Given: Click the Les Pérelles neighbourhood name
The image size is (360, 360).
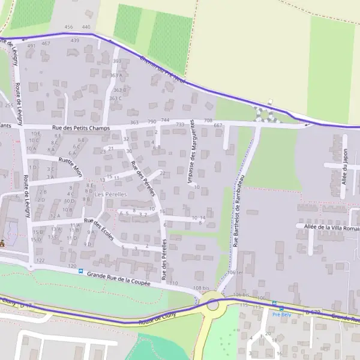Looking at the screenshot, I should pyautogui.click(x=111, y=194).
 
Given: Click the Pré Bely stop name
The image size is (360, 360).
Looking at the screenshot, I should pyautogui.click(x=281, y=314).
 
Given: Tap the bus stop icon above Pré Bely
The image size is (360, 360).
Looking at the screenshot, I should pyautogui.click(x=274, y=304).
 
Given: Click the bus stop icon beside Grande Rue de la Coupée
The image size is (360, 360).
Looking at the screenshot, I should pyautogui.click(x=80, y=271).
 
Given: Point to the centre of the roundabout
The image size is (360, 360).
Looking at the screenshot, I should pyautogui.click(x=212, y=305).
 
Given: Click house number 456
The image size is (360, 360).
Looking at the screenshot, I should pyautogui.click(x=68, y=27).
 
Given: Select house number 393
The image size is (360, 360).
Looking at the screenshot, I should pyautogui.click(x=116, y=61).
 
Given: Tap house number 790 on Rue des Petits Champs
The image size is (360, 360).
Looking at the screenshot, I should pyautogui.click(x=151, y=121).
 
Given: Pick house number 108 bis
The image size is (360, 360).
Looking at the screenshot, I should pyautogui.click(x=201, y=289).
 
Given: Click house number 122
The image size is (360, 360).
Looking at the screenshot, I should pyautogui.click(x=40, y=260).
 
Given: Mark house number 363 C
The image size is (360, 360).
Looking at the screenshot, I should pyautogui.click(x=115, y=98).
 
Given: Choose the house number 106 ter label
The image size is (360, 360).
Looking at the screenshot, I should pyautogui.click(x=235, y=272).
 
